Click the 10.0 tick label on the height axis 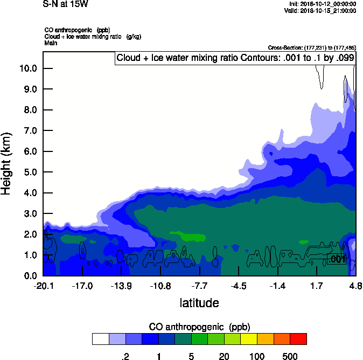(28, 68)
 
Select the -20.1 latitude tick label (43, 286)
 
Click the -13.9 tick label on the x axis (121, 286)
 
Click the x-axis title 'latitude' (199, 303)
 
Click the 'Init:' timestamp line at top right (322, 4)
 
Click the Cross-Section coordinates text (312, 47)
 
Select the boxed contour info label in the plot (235, 58)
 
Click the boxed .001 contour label (337, 260)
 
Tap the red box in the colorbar (298, 338)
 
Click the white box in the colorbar (100, 338)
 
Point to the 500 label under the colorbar (290, 356)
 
